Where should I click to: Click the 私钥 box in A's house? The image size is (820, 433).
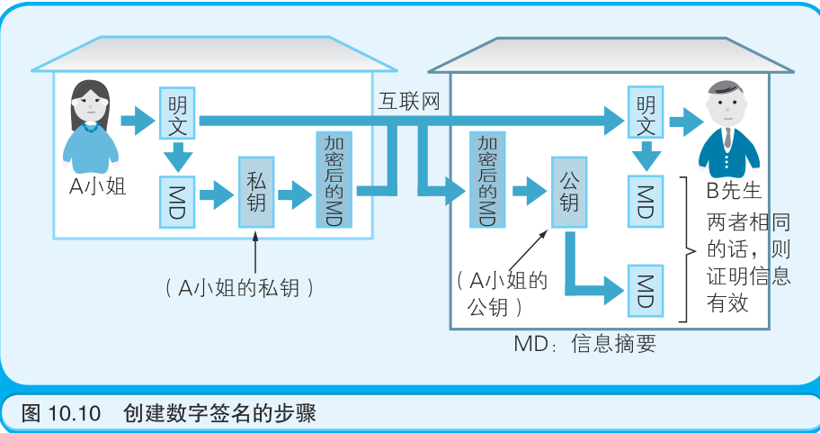256,191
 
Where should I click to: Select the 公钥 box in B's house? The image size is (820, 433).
568,191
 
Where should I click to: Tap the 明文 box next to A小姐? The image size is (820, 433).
178,113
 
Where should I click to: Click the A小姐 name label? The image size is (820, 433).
98,186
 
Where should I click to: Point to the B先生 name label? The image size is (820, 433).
735,191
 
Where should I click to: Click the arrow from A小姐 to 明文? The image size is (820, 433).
138,120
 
